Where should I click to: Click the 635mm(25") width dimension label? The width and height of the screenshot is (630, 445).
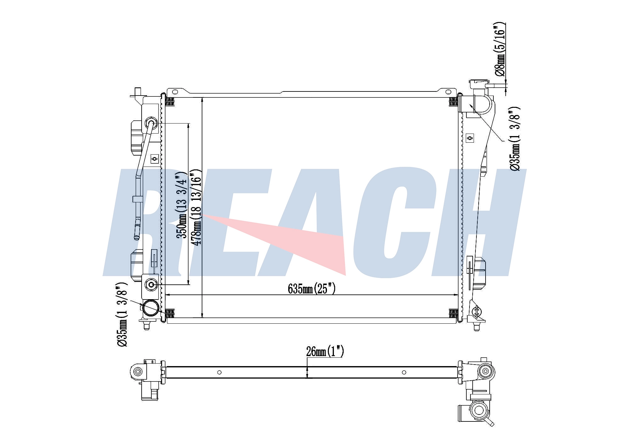[x=312, y=288]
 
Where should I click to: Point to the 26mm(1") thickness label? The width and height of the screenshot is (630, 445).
[x=325, y=351]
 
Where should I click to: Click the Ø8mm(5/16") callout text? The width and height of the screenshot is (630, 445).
[x=500, y=49]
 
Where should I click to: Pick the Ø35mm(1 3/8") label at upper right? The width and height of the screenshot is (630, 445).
[x=515, y=139]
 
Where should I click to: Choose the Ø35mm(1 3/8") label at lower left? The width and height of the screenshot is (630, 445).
[x=122, y=314]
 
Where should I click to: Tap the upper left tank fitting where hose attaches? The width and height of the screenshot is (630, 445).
[x=151, y=123]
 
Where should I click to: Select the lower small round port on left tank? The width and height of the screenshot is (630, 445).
[x=151, y=285]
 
